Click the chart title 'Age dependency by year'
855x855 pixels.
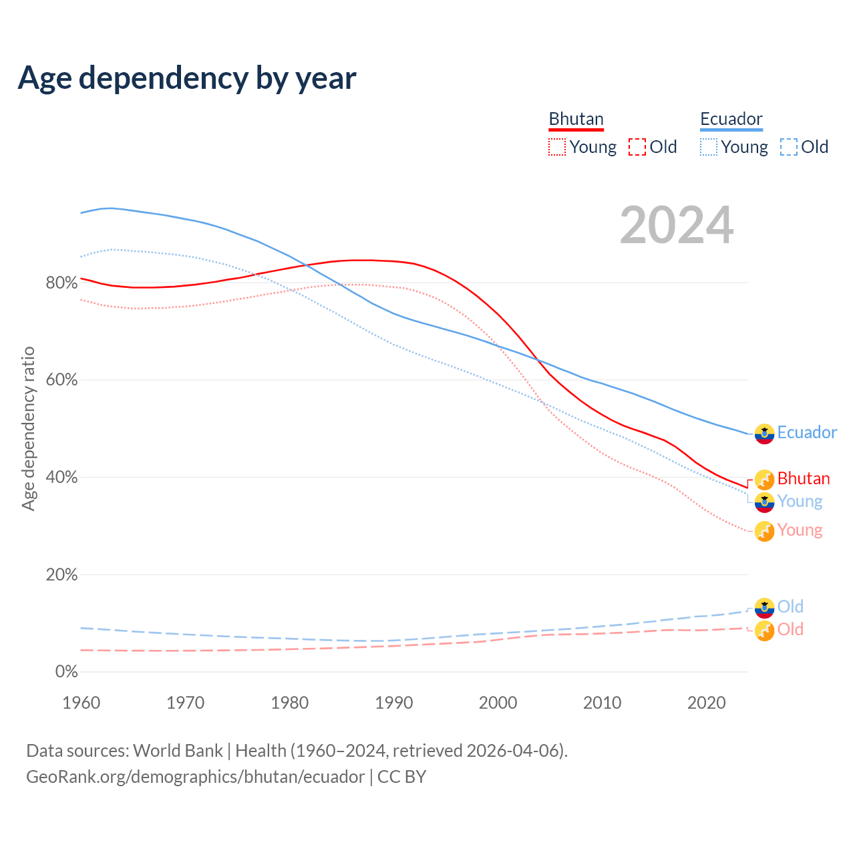(187, 77)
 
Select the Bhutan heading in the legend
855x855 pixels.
(576, 119)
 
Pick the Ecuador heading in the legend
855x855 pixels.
(731, 119)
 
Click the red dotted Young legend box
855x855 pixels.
(556, 147)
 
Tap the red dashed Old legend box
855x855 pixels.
(637, 147)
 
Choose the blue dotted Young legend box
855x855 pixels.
(708, 147)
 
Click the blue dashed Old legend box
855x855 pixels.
(788, 147)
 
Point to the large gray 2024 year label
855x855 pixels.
(677, 225)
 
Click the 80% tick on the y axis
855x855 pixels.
(61, 283)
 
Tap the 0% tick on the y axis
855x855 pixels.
(66, 672)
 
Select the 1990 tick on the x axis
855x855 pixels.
(394, 703)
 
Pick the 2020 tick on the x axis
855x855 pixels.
(707, 703)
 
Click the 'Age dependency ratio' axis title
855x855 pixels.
(28, 428)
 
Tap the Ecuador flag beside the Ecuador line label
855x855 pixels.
(764, 434)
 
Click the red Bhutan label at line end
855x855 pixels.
(804, 479)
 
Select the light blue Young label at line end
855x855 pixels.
(800, 502)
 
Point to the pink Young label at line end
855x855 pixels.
(800, 530)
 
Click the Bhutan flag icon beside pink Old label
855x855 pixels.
(764, 630)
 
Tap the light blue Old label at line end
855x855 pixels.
(790, 607)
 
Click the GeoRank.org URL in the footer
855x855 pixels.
(195, 777)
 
